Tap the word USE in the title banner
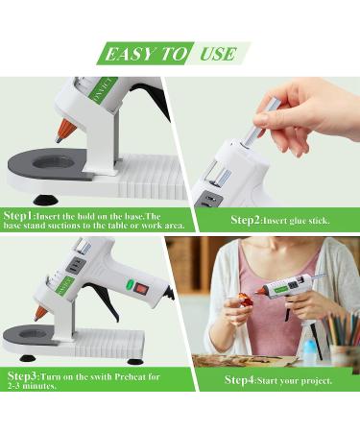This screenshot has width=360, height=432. pos(218,54)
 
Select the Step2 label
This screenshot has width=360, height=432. pos(246,221)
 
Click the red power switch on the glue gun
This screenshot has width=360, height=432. pos(141,287)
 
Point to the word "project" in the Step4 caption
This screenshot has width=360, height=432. pos(314,380)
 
